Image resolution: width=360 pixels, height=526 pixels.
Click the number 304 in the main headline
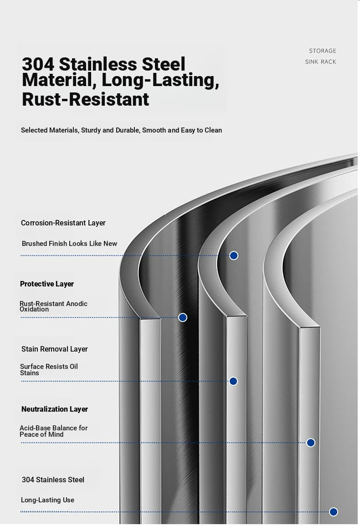tap(38, 64)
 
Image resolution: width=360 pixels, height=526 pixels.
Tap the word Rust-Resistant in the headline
tap(85, 99)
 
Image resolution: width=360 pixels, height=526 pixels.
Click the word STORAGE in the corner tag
tap(322, 51)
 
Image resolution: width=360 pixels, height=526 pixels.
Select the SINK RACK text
tap(320, 62)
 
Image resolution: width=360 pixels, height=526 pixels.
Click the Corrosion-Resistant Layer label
tap(63, 223)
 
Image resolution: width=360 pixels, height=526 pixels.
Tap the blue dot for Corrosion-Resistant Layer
tap(234, 255)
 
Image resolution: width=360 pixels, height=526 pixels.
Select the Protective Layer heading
tap(46, 284)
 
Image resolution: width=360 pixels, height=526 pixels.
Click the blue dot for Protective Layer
tap(183, 317)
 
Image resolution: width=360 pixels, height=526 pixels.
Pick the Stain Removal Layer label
tap(54, 349)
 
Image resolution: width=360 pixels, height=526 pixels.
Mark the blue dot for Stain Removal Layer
tap(233, 381)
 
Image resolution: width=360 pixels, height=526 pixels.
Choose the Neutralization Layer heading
tap(54, 409)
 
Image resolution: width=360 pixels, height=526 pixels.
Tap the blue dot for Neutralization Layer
tap(311, 443)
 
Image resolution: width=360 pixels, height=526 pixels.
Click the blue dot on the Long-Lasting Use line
tap(334, 512)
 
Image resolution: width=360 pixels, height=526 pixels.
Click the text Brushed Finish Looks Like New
tap(70, 244)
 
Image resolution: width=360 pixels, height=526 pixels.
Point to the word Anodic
tap(77, 304)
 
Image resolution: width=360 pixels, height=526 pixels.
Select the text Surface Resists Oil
tap(49, 366)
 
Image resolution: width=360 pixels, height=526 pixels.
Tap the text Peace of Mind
tap(41, 434)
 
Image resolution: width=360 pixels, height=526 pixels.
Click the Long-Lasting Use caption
tap(47, 500)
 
